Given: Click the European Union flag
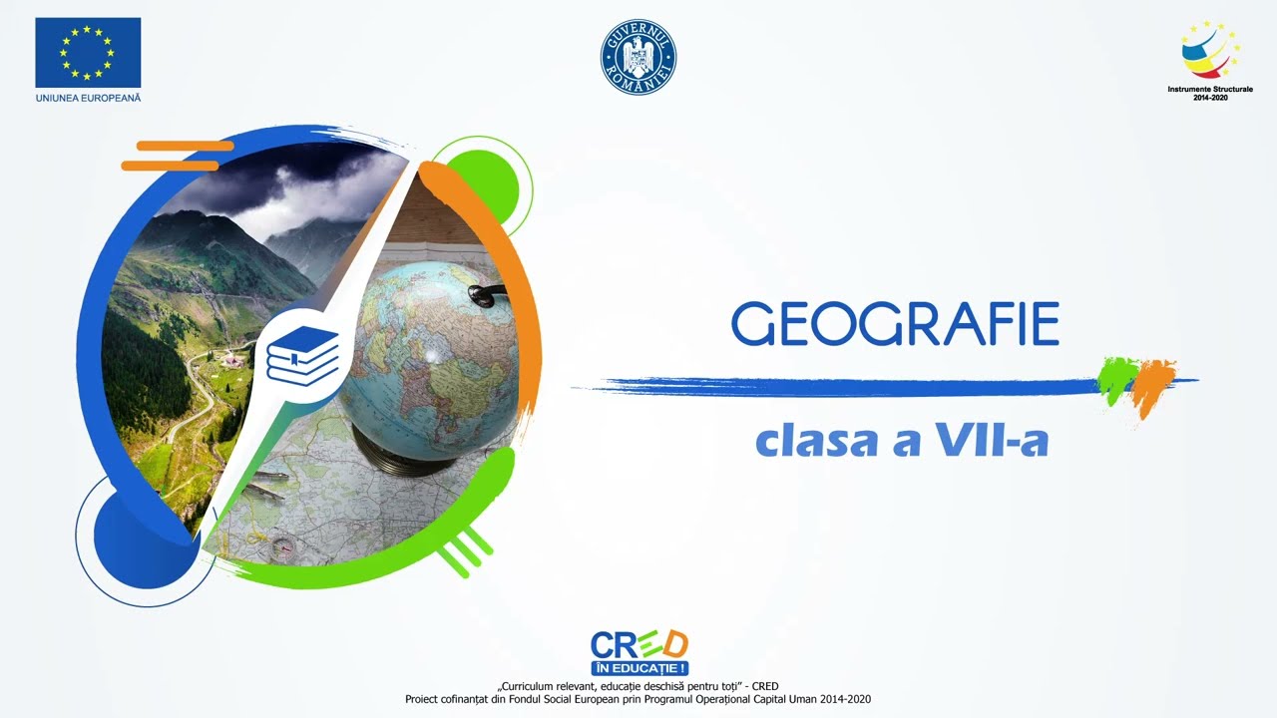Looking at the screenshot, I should tap(88, 52).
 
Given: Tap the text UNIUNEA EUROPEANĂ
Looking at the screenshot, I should tap(88, 98).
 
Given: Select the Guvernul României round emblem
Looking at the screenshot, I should tap(638, 57).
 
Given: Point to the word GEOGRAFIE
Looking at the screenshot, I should tap(895, 325).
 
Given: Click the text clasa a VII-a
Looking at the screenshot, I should tap(902, 441).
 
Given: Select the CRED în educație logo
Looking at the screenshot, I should tap(639, 652).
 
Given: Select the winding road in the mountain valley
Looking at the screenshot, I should tap(195, 399).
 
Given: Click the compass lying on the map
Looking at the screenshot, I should tap(283, 547).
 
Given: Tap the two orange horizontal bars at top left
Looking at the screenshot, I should tap(175, 156).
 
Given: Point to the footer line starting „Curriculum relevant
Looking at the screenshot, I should tap(638, 686).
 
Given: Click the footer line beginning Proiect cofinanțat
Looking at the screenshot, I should tap(638, 699).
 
